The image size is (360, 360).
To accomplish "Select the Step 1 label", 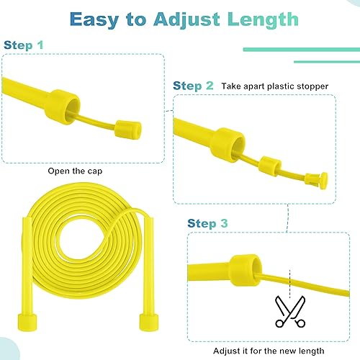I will tap(24, 45).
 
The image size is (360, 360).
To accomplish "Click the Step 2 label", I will tap(194, 86).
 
